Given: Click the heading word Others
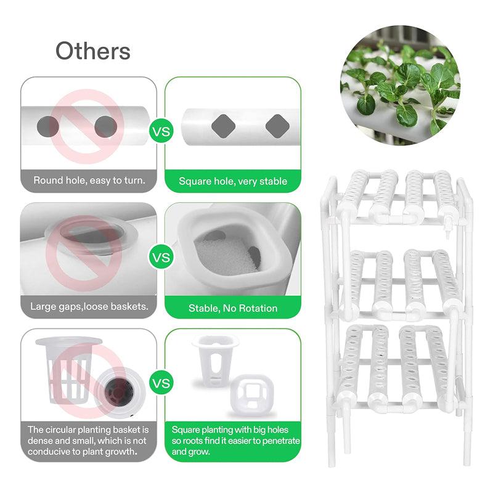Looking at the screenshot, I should pos(93,51).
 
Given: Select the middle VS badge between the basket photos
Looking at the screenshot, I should pos(161,256).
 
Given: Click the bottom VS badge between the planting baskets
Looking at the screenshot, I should pos(161,383).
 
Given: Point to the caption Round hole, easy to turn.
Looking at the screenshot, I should pos(89,181).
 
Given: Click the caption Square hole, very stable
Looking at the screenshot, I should pos(233,181).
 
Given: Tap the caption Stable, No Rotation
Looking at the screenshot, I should pos(233,308).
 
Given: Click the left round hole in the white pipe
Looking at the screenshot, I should pos(48,126).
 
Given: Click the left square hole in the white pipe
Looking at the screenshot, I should pos(222,126).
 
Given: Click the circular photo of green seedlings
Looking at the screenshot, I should pos(401,85).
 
